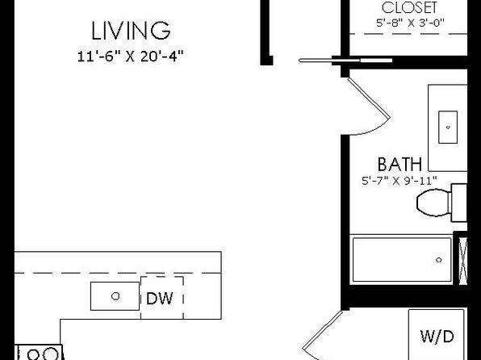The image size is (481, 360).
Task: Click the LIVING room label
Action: coord(131,31)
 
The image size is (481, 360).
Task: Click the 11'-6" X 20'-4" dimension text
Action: coord(131,57)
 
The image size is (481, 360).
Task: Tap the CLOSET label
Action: coord(409,8)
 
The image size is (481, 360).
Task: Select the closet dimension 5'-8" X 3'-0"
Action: coord(411,23)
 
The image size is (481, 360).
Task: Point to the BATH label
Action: coord(399,164)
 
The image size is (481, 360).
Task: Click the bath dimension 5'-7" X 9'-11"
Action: coord(399,181)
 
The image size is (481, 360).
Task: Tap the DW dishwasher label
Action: coord(160,299)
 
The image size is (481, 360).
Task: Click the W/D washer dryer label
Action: coord(437,337)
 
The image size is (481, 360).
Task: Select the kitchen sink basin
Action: coord(115,296)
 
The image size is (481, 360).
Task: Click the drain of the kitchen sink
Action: coord(115,296)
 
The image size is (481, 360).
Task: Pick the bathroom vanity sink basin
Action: coord(448,127)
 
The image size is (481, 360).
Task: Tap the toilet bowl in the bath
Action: coord(433,203)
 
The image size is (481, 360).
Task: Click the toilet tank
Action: coord(459,203)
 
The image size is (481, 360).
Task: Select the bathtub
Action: coord(402,260)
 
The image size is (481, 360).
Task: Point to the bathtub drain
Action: coord(439,260)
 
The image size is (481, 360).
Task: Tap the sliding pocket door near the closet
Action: coord(345,61)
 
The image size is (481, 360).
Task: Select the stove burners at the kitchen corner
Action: coord(40,354)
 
